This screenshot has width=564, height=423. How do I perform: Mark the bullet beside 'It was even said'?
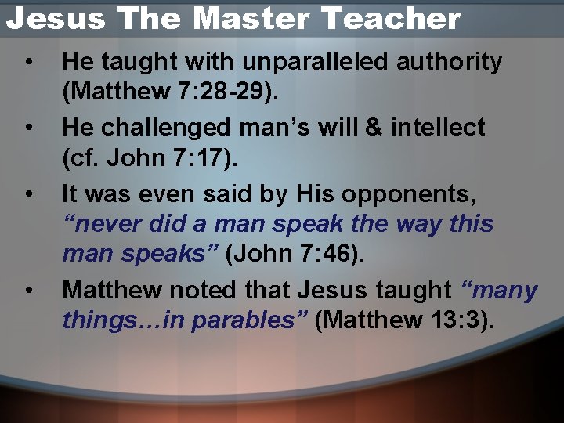click(x=28, y=193)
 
